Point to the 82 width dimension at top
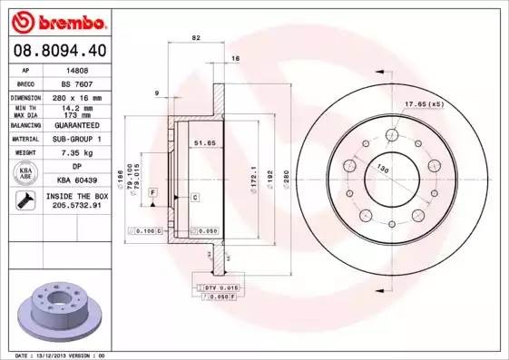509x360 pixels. tap(196, 38)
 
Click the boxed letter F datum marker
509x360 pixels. tap(152, 193)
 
